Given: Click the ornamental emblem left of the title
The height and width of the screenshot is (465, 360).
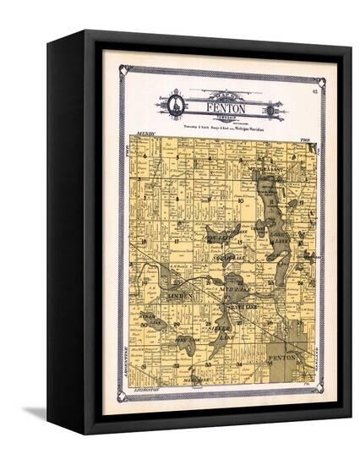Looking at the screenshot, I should click(176, 106).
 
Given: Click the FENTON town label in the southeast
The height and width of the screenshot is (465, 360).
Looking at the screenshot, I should click(281, 358).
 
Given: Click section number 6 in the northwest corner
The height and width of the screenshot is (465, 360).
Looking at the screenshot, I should click(145, 156).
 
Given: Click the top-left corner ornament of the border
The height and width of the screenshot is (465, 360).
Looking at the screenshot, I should click(123, 68).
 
